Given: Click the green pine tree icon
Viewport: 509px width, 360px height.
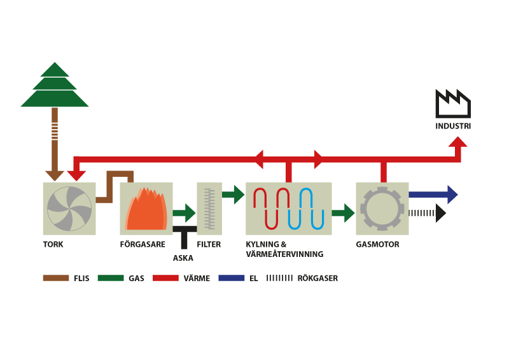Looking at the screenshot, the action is [x=55, y=85].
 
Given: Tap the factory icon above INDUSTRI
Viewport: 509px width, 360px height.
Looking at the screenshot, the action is [x=453, y=104].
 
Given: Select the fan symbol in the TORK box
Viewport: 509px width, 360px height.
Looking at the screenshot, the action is [x=69, y=209].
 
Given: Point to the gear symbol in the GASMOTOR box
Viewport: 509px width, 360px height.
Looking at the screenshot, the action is [x=382, y=209].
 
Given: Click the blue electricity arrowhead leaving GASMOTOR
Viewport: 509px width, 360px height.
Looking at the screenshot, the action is [x=452, y=195].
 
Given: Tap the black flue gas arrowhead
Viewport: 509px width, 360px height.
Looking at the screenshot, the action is [x=440, y=213].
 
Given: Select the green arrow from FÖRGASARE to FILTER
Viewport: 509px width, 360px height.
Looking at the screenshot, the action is [x=184, y=213].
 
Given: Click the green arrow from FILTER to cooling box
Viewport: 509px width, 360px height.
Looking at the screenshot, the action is [x=233, y=195].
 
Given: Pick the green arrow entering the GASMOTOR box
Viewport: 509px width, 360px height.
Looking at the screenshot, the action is [x=343, y=213].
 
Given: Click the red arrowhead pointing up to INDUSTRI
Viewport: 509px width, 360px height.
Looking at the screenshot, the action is [x=457, y=142].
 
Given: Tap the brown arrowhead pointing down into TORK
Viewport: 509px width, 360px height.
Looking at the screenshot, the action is [x=55, y=176].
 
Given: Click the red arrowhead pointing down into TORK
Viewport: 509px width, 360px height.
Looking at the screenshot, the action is [x=76, y=176].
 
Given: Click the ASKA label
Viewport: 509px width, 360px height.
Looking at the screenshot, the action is [x=183, y=258].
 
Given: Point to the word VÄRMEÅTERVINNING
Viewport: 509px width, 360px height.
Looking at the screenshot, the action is [x=284, y=254].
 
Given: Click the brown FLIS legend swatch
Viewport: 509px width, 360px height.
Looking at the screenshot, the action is [x=56, y=278].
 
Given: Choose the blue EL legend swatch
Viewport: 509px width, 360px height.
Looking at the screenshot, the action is [x=232, y=278].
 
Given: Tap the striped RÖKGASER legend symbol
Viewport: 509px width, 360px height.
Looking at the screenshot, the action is [x=279, y=278].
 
